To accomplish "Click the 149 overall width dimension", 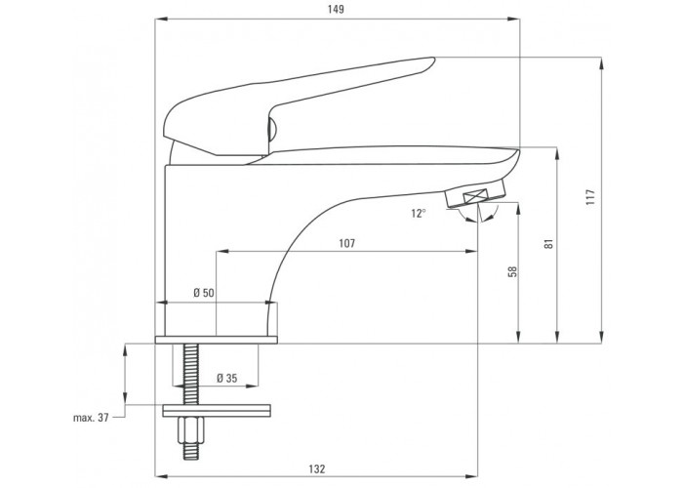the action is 336,9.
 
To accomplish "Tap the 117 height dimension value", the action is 589,197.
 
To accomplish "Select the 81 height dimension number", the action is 549,243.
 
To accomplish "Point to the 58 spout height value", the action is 513,271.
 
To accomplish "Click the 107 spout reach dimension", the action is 346,243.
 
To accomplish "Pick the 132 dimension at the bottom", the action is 317,469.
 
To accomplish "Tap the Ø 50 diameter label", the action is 204,293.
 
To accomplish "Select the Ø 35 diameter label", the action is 227,379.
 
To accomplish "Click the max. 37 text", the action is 91,418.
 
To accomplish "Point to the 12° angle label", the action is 419,214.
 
